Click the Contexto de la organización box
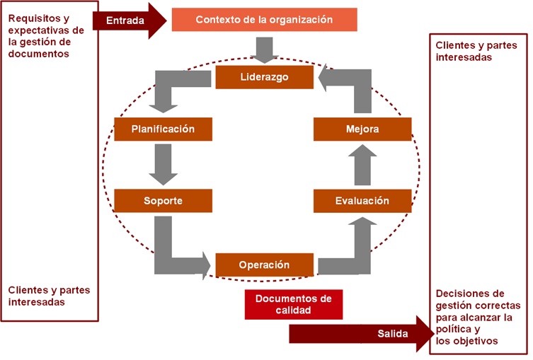point(264,20)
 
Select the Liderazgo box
point(264,77)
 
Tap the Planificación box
point(164,129)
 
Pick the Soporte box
point(164,201)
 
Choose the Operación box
point(264,265)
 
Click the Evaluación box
point(362,201)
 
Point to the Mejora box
point(362,129)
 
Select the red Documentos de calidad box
point(293,304)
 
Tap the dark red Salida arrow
point(361,334)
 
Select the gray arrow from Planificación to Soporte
point(164,164)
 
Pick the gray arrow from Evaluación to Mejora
point(362,164)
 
